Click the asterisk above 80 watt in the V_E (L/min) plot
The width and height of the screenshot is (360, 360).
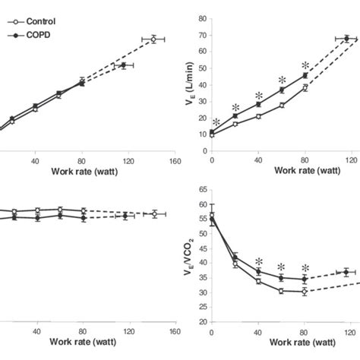tap(305, 66)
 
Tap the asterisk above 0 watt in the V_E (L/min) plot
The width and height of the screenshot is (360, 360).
tap(216, 122)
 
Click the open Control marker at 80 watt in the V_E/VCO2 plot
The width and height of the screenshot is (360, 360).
tap(305, 292)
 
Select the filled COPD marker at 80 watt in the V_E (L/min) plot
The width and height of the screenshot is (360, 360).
tap(305, 76)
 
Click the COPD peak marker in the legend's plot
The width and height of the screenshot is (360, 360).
tap(123, 66)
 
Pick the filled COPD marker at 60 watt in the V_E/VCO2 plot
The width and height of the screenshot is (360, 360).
tap(281, 277)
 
